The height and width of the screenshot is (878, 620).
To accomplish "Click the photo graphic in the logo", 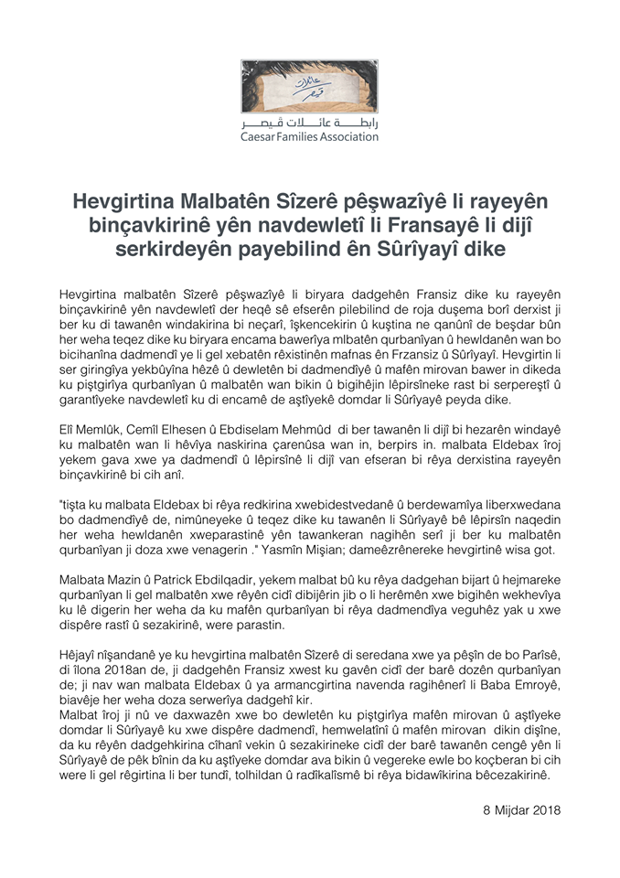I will (x=309, y=87).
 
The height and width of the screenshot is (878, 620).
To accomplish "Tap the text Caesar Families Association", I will (x=309, y=136).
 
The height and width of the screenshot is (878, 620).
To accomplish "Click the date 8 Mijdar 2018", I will (x=520, y=810).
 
